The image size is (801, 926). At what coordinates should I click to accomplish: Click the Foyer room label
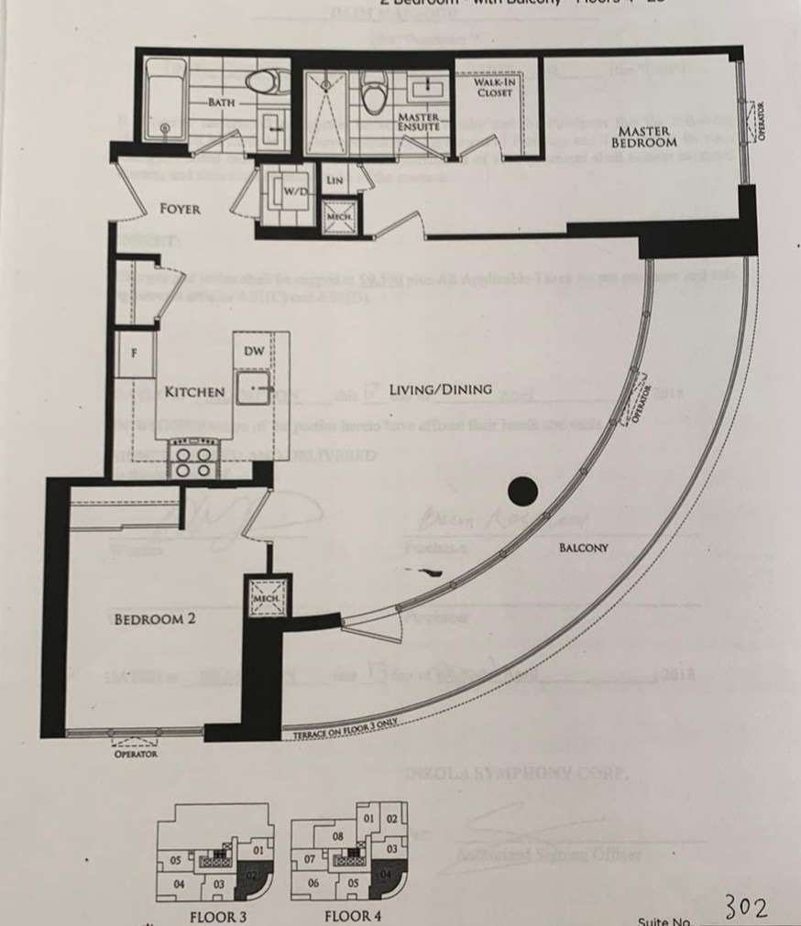(180, 209)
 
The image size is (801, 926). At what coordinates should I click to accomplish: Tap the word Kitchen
(194, 392)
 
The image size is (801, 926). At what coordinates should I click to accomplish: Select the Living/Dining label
(440, 389)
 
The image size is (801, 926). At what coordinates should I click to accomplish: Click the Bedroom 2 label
(154, 619)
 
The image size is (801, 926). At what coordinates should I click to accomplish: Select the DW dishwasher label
(253, 351)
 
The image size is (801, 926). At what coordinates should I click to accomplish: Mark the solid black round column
(521, 492)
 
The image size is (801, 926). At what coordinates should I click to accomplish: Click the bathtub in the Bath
(164, 99)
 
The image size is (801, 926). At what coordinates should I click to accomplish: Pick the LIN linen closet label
(335, 180)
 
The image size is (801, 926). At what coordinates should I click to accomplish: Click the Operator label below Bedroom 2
(135, 754)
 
